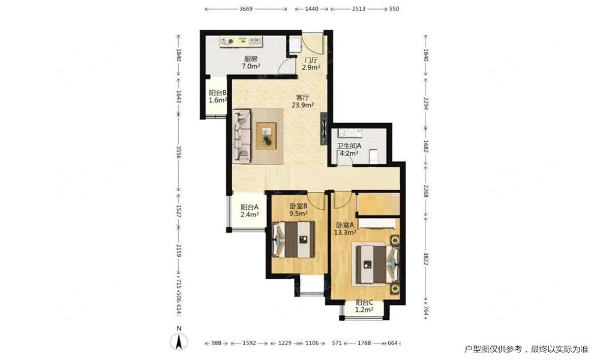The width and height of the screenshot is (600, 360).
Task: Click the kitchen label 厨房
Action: click(251, 59)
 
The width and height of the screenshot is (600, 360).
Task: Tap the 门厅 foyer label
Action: click(311, 60)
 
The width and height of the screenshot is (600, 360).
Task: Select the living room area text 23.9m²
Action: click(302, 105)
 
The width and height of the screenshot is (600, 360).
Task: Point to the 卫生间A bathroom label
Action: click(349, 146)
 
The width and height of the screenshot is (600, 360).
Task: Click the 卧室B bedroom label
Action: click(299, 206)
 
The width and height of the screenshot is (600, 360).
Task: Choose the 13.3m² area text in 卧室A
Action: click(345, 232)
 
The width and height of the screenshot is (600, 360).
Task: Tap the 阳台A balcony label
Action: click(250, 207)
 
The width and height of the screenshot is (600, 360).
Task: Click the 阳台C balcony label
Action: click(364, 302)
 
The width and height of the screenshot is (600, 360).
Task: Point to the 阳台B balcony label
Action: click(218, 92)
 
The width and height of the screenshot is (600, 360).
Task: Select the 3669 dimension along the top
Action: click(245, 8)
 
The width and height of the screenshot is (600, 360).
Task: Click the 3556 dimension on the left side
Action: click(179, 151)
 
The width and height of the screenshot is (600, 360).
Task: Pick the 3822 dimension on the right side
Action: click(425, 258)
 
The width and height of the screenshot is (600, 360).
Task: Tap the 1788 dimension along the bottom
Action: click(364, 343)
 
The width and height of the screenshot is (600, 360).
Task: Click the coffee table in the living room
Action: click(267, 136)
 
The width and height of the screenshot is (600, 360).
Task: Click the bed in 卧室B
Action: click(293, 239)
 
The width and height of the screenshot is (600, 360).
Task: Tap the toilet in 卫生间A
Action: click(373, 156)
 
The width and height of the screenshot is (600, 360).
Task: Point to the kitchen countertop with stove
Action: click(241, 41)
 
